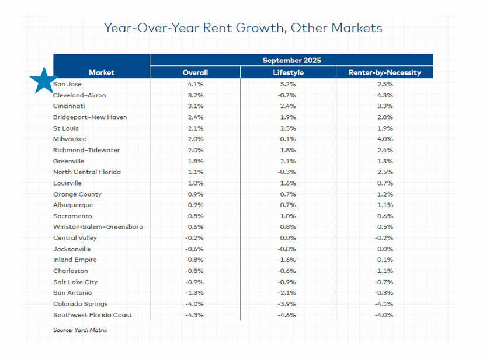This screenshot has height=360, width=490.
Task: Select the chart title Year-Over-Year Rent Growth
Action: [243, 27]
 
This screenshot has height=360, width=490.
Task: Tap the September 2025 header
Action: [291, 60]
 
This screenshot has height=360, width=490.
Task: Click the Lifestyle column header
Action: [288, 73]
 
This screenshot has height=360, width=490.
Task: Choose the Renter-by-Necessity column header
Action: [384, 73]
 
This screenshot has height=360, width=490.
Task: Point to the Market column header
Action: [102, 73]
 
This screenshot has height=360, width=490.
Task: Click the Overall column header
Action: [195, 73]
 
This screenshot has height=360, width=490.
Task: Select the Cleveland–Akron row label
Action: [79, 95]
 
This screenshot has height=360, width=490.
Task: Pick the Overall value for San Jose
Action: [195, 84]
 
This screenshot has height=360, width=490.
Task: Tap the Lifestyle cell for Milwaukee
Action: [288, 139]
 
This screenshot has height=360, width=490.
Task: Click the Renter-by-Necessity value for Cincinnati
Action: [384, 106]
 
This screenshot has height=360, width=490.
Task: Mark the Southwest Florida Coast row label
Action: [92, 315]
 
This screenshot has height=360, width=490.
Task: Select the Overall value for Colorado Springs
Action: [195, 304]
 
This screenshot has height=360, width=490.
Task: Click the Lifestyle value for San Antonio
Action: [288, 293]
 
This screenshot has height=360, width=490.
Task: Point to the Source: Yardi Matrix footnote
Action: [80, 330]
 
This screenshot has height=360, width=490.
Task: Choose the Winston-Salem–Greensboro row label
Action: [98, 227]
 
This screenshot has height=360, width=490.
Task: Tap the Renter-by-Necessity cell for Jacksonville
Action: [384, 249]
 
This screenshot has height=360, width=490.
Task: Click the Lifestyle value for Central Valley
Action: [288, 238]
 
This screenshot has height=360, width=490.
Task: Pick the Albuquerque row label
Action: [73, 205]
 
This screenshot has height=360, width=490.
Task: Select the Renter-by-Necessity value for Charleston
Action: [384, 271]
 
